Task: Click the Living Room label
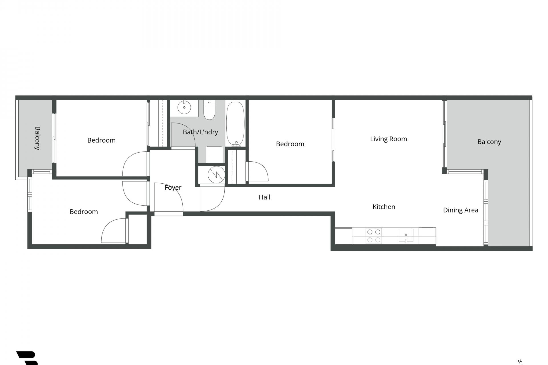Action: [x=388, y=139]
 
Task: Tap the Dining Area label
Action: [x=460, y=210]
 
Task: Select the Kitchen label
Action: [x=384, y=207]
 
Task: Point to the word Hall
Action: [x=264, y=197]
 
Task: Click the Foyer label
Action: [x=173, y=188]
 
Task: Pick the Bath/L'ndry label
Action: [x=200, y=132]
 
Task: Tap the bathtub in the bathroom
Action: [x=235, y=124]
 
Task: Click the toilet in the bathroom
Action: [x=209, y=110]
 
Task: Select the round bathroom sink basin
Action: [x=184, y=108]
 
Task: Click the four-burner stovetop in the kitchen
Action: [x=374, y=236]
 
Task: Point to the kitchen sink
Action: [x=406, y=236]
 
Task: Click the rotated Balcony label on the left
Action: [x=37, y=138]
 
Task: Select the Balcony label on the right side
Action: [x=489, y=142]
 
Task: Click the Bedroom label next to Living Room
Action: [x=290, y=144]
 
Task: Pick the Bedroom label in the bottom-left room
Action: [x=84, y=212]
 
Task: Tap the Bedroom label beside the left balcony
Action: [x=101, y=140]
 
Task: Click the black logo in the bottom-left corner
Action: [x=27, y=358]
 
